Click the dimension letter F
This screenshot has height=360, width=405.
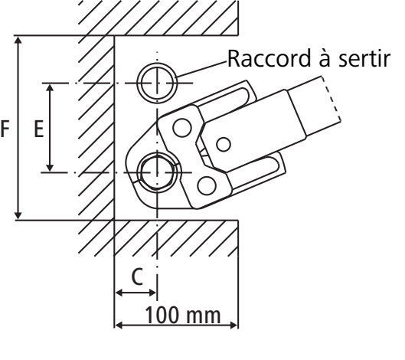[x=5, y=129]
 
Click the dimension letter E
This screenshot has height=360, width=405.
[x=39, y=129]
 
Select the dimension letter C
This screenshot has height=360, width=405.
[x=137, y=277]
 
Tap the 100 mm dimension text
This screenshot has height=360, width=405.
[x=183, y=315]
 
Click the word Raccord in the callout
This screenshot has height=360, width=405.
[x=269, y=58]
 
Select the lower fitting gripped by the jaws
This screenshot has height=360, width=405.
[x=157, y=172]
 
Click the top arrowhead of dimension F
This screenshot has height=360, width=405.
[x=18, y=41]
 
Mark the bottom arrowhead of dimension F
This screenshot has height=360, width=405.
[x=18, y=215]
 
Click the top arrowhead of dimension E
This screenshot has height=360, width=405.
[x=50, y=87]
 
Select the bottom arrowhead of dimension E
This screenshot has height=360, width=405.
[x=50, y=167]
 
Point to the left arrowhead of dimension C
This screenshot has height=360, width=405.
[x=119, y=293]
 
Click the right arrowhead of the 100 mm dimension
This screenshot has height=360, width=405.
[x=233, y=325]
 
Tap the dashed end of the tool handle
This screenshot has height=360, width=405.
[x=332, y=98]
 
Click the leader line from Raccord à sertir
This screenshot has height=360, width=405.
[x=201, y=69]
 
